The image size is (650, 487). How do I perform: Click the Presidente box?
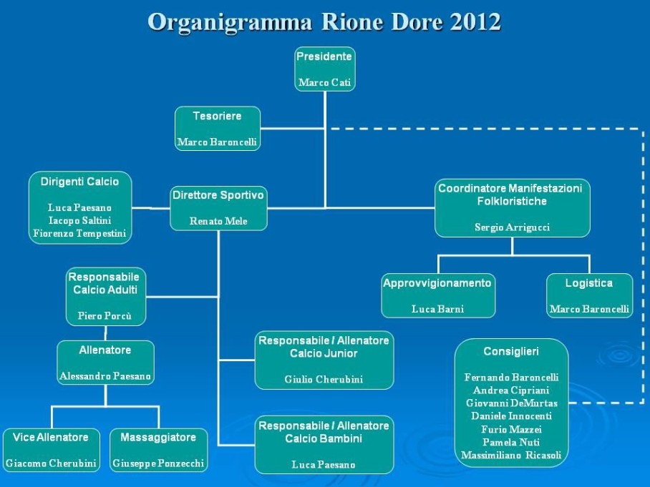[x=325, y=69]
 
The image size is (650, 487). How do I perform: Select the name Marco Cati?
[x=324, y=82]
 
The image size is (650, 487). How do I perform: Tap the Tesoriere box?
[x=218, y=129]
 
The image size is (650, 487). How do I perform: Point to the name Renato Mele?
[x=218, y=221]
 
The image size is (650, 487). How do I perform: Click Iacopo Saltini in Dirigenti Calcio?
[x=79, y=220]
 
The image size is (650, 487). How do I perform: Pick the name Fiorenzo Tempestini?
[x=79, y=234]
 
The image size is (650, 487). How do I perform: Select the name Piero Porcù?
[x=105, y=316]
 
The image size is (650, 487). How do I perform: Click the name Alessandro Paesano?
[x=105, y=376]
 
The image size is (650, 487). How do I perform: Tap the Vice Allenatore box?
[x=51, y=450]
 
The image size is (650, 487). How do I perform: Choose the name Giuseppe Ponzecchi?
[x=158, y=463]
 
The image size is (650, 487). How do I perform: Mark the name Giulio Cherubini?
[x=324, y=379]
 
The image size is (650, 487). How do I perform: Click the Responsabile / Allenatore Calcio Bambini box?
[x=324, y=445]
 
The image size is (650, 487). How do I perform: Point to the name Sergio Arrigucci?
[x=513, y=227]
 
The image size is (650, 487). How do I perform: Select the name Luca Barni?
[x=438, y=309]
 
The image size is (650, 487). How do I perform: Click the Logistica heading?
[x=589, y=283]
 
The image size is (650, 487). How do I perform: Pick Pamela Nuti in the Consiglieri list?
[x=511, y=442]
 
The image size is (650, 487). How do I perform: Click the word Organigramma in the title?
[x=230, y=22]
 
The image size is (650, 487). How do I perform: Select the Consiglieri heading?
[x=511, y=352]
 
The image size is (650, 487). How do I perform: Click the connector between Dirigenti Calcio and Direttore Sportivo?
[x=151, y=208]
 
